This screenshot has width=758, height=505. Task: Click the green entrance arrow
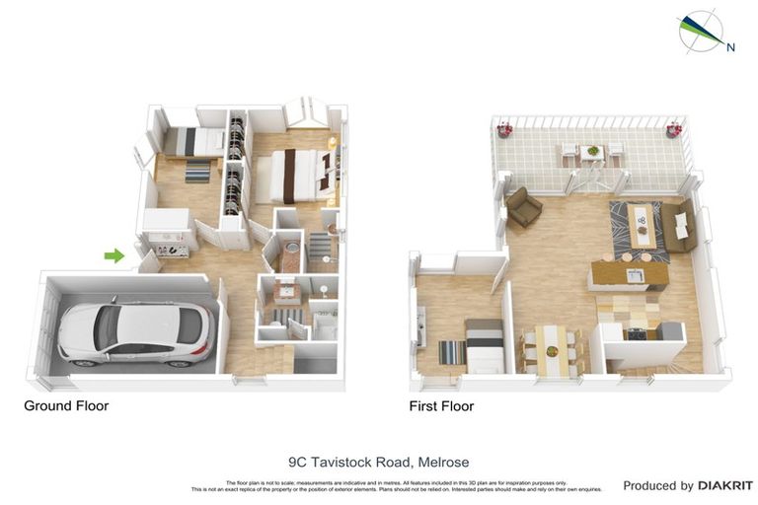[114, 255]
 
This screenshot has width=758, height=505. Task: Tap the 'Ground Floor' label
[66, 405]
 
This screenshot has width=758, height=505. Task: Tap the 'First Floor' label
[441, 405]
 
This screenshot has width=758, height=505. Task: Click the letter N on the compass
[730, 46]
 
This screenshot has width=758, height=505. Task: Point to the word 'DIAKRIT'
[725, 485]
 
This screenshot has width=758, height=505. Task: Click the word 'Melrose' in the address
[443, 461]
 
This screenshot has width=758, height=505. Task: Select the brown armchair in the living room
[523, 207]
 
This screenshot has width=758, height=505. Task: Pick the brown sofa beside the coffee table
[679, 225]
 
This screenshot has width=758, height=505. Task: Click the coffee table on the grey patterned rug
[643, 225]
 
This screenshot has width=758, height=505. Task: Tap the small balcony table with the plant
[591, 154]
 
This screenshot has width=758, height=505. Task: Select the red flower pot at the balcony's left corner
[504, 128]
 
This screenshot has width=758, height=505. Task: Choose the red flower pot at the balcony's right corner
[674, 128]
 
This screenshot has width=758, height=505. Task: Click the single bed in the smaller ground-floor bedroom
[193, 143]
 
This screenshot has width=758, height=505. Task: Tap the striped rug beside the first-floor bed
[451, 351]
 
